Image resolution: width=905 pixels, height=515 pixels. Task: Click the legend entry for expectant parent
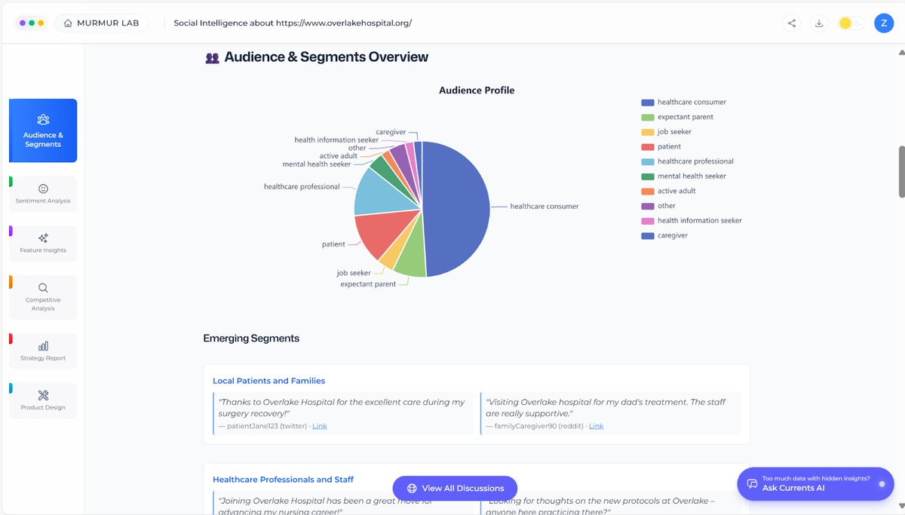point(685,117)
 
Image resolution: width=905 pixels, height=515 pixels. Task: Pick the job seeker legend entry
point(674,132)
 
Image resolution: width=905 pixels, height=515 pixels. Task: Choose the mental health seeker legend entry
point(691,176)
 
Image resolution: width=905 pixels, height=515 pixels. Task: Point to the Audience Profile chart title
point(477,90)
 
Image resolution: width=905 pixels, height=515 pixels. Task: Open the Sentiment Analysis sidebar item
point(43,194)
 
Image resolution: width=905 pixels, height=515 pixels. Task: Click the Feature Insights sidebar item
point(43,243)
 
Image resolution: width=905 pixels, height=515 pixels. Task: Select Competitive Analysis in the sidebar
point(43,297)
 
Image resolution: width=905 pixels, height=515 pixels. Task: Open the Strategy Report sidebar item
point(43,351)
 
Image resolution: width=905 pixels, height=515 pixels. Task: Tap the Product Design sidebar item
point(43,400)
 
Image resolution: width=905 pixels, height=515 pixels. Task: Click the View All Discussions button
point(455,488)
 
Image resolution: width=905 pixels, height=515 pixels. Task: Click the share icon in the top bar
point(792,23)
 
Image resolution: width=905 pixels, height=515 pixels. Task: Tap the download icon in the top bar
point(819,23)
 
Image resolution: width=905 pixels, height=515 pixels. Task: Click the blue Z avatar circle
point(884,23)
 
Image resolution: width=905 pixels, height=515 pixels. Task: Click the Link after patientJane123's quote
point(320,426)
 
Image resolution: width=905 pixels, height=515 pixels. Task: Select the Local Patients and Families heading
point(268,381)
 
